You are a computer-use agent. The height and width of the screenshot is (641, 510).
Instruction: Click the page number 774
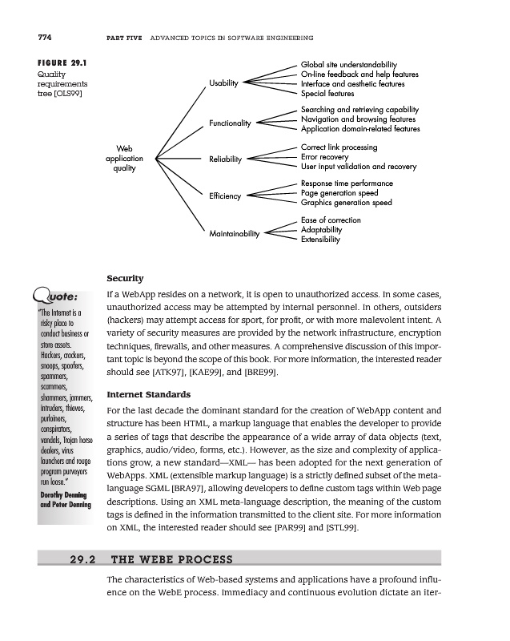coord(45,38)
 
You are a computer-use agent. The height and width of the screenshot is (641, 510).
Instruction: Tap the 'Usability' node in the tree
coord(225,83)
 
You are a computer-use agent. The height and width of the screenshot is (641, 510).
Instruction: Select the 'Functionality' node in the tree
coord(230,123)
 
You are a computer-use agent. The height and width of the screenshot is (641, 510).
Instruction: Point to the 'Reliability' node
coord(226,159)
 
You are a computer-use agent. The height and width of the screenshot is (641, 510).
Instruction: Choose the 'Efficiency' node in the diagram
coord(225,196)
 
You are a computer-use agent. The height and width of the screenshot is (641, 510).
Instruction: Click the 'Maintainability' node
coord(235,234)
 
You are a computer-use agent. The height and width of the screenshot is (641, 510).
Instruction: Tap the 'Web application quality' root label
coord(124,158)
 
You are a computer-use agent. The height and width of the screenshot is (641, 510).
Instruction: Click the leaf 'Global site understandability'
coord(348,65)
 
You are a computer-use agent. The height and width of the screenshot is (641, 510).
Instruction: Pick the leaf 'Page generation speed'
coord(339,193)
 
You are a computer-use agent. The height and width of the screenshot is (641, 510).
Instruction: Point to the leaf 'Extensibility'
coord(320,240)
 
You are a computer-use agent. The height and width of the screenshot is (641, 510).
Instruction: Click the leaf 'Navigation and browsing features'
coord(357,119)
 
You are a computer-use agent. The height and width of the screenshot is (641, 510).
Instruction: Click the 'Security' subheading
coord(125,278)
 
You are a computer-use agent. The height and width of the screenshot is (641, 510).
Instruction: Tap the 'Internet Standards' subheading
coord(148,394)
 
